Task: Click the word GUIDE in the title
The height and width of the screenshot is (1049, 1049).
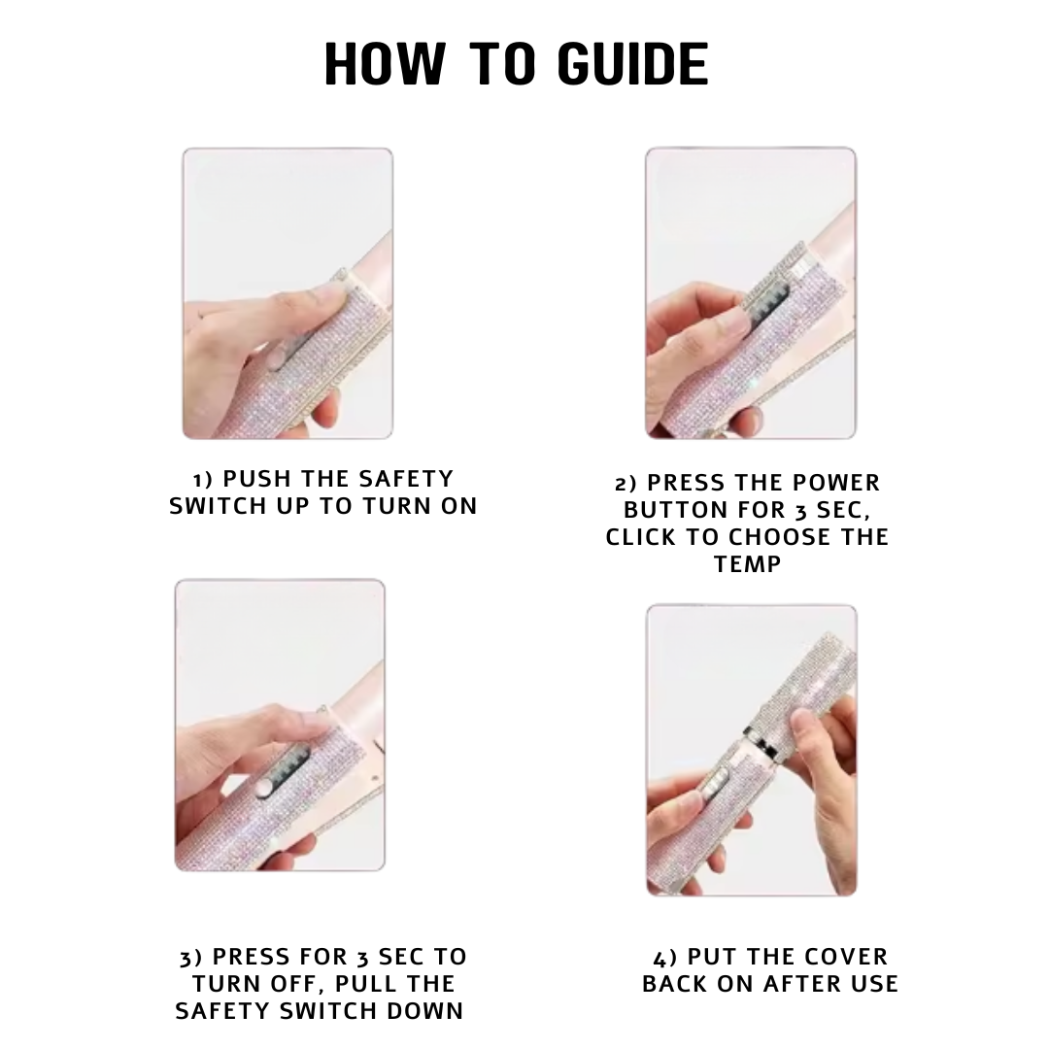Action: (632, 63)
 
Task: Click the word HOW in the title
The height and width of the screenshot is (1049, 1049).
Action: (385, 63)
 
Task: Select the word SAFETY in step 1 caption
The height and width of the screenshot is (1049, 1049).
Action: (406, 479)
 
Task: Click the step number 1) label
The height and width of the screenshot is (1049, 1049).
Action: (203, 480)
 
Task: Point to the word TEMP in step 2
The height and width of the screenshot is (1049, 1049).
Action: (747, 564)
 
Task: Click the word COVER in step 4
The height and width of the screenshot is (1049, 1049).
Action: (846, 957)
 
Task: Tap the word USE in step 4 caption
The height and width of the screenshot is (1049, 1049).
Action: (872, 983)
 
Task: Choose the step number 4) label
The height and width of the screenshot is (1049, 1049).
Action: (664, 958)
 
